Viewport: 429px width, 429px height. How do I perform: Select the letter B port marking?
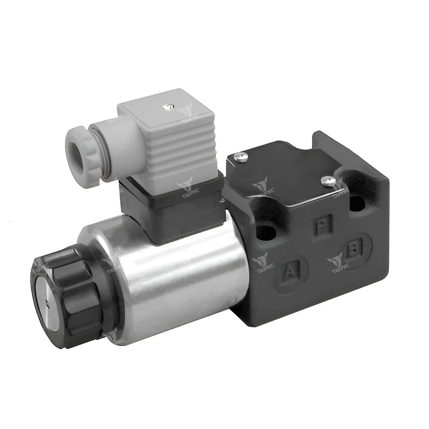353,248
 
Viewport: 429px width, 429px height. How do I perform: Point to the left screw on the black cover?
241,158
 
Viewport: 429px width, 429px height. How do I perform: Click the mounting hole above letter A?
266,233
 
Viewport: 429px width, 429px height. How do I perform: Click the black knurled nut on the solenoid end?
69,296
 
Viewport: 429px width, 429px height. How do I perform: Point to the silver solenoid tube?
180,279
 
